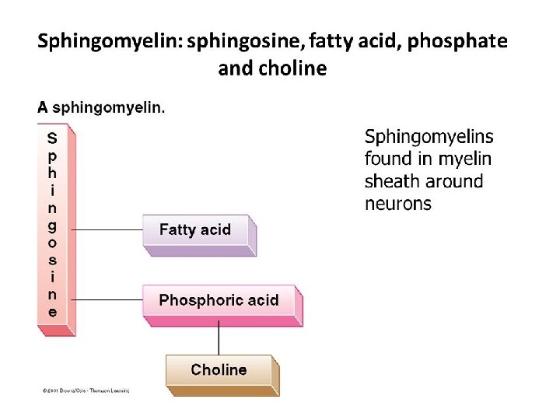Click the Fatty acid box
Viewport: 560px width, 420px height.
196,230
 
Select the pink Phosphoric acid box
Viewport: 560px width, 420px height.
219,300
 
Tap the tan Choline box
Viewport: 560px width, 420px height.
219,370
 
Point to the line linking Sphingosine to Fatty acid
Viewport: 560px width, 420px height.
107,230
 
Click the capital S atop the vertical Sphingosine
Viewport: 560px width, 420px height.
52,138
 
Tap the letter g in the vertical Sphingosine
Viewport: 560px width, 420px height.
52,226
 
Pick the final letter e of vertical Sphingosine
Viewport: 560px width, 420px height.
52,313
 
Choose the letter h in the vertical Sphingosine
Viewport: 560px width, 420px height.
52,173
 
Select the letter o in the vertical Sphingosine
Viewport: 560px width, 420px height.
52,243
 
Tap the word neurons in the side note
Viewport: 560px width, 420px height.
397,204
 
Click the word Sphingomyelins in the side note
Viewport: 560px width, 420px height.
429,137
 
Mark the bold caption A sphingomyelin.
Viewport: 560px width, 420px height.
101,108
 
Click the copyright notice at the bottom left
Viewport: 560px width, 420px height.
86,390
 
